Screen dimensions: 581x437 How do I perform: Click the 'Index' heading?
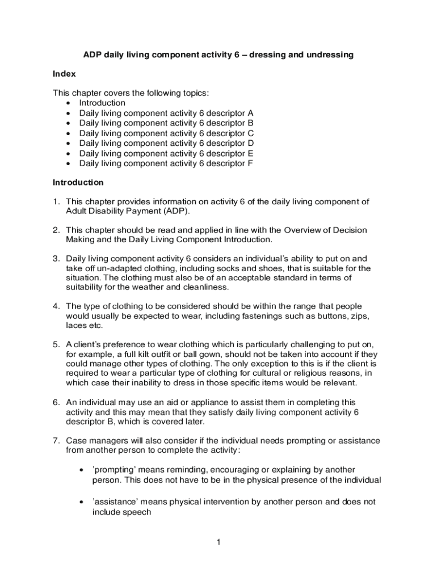point(64,74)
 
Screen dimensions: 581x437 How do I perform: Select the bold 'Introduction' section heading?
point(78,183)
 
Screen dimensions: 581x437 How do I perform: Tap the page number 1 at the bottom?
point(218,542)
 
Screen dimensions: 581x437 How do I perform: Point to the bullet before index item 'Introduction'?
point(69,103)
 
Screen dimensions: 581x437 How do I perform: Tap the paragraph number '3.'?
point(57,259)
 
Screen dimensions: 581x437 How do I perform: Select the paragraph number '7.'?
point(57,441)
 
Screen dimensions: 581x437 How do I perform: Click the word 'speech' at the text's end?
point(138,512)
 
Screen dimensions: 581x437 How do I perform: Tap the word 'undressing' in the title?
point(330,54)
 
